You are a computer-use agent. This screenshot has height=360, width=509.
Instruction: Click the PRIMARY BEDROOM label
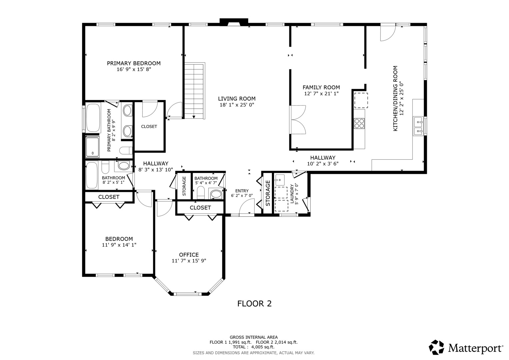[x=133, y=63]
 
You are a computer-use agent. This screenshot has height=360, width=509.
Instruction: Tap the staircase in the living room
[x=194, y=90]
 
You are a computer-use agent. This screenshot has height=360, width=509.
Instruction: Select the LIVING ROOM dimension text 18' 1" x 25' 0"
[x=237, y=105]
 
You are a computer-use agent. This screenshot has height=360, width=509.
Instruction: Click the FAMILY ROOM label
[x=321, y=87]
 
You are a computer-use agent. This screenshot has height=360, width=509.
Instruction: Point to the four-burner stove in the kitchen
[x=359, y=124]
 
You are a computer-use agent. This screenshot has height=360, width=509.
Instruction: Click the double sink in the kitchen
[x=418, y=126]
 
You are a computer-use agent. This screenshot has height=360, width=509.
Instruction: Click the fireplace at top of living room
[x=234, y=22]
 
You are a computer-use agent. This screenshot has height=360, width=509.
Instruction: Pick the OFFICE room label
[x=189, y=255]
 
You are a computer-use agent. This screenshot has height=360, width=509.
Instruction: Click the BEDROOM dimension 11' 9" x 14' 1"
[x=119, y=245]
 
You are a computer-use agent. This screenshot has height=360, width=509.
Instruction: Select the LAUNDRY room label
[x=292, y=194]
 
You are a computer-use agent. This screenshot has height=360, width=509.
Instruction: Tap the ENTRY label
[x=242, y=191]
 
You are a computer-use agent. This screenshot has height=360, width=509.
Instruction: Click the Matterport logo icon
[x=436, y=347]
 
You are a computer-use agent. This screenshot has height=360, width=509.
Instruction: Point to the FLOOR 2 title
[x=254, y=304]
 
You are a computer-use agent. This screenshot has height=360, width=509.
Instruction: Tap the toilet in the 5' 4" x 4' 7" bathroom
[x=201, y=193]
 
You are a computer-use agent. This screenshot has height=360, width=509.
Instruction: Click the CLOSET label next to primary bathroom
[x=149, y=127]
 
